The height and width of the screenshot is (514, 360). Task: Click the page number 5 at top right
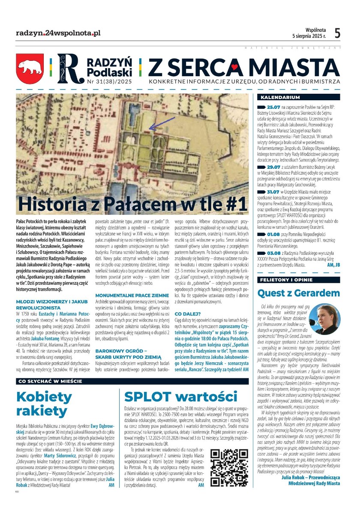338,33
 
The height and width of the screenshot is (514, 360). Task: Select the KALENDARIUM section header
277,97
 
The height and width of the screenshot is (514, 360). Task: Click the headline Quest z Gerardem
298,293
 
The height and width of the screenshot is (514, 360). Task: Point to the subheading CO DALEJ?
186,314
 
